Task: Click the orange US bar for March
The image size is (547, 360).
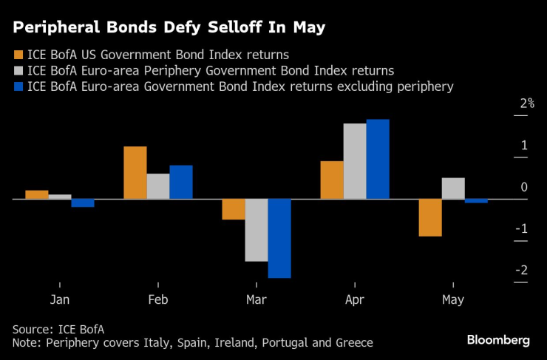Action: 234,209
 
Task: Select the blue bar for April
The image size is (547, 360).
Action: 378,159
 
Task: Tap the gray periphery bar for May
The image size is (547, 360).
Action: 453,189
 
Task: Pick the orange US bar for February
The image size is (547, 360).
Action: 135,173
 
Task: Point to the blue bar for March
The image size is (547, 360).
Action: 279,238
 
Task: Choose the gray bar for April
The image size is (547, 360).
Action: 355,161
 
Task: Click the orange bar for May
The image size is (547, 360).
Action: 430,217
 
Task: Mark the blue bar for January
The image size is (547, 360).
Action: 83,203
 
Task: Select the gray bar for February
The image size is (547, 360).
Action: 158,186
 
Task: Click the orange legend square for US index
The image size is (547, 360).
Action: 18,53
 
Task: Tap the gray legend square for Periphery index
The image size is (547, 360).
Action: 18,70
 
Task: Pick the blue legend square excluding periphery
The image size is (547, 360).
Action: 18,87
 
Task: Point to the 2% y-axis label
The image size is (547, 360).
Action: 526,103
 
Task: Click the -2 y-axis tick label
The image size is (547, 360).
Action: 523,271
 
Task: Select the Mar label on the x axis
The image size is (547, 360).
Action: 256,299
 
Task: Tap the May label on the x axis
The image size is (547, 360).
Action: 453,299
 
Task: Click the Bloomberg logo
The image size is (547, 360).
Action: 498,340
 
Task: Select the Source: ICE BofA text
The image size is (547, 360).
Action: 58,327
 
